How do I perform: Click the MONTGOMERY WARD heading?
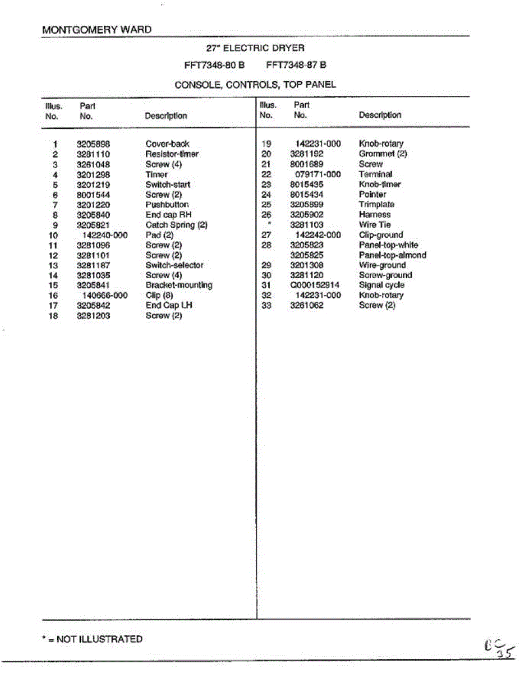[x=96, y=30]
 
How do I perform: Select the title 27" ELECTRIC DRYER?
[x=255, y=48]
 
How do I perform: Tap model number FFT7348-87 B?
[x=296, y=65]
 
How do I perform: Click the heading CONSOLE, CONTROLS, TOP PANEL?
[x=255, y=85]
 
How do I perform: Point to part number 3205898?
[x=93, y=144]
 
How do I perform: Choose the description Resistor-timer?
[x=172, y=154]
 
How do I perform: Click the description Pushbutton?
[x=167, y=205]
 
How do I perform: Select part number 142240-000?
[x=105, y=235]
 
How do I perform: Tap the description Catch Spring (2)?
[x=176, y=225]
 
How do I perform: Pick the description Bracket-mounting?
[x=178, y=285]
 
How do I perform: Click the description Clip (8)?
[x=159, y=296]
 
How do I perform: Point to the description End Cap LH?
[x=169, y=306]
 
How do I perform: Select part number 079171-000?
[x=317, y=174]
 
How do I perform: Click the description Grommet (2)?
[x=383, y=154]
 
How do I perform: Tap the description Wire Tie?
[x=375, y=225]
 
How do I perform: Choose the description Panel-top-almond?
[x=392, y=255]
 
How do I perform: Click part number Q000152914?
[x=314, y=285]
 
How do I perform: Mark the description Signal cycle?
[x=381, y=285]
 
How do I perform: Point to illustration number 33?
[x=266, y=306]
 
